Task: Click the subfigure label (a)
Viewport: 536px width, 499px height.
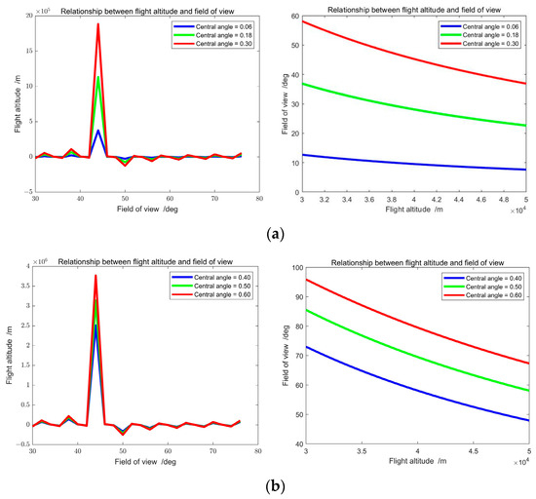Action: (x=268, y=234)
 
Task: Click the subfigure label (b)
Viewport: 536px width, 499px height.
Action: (x=268, y=484)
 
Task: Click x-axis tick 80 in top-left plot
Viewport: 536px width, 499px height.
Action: (x=259, y=201)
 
